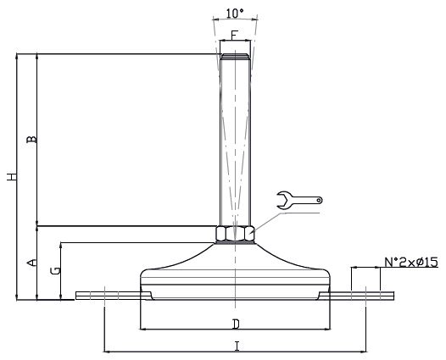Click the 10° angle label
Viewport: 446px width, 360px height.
[235, 14]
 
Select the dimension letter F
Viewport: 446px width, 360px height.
[234, 36]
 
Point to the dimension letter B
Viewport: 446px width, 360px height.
[31, 139]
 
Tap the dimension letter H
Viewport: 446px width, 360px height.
[12, 177]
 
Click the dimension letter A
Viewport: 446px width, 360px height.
[31, 263]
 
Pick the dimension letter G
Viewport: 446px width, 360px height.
[55, 270]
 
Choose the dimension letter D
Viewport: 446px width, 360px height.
[236, 324]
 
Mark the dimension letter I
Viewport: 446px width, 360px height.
[237, 346]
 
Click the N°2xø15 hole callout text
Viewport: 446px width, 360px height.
[411, 263]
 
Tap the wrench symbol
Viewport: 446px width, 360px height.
[298, 200]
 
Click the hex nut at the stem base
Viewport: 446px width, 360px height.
[235, 233]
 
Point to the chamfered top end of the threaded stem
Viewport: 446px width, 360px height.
[235, 56]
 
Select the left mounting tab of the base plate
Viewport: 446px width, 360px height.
[113, 296]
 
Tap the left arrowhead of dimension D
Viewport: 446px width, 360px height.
[143, 329]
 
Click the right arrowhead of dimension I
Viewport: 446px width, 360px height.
[363, 352]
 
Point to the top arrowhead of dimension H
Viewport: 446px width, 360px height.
[16, 57]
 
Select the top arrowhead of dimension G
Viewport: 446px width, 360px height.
[61, 246]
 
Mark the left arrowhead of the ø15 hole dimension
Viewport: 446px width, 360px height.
[354, 267]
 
